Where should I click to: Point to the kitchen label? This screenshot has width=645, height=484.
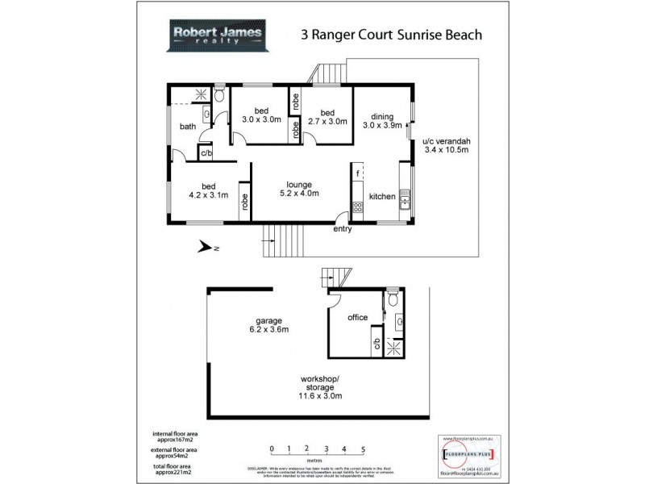click(x=381, y=196)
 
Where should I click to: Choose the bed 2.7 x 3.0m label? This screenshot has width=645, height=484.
click(x=327, y=118)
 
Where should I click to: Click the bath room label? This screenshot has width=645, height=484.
click(x=187, y=126)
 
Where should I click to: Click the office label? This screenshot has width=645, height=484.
click(x=357, y=317)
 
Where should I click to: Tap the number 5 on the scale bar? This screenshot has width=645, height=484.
click(x=364, y=449)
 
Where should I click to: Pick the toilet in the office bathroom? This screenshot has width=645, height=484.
click(x=393, y=299)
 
